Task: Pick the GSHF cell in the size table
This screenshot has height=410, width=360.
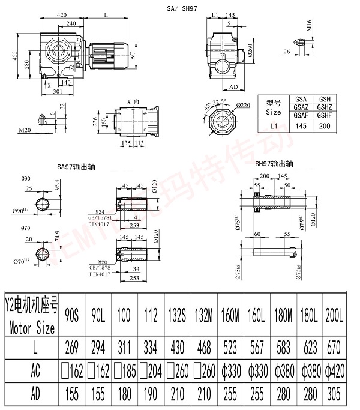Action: click(324, 115)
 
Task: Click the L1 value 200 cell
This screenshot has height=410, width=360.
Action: click(324, 127)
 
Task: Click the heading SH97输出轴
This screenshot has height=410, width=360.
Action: click(274, 163)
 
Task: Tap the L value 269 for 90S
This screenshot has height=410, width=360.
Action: click(73, 347)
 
